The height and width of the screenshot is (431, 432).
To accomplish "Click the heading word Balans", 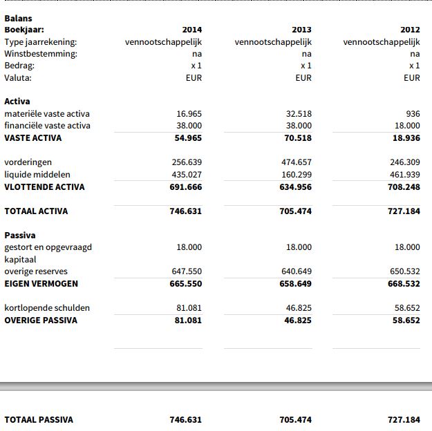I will click(x=18, y=19).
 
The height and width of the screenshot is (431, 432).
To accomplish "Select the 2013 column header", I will click(x=301, y=30).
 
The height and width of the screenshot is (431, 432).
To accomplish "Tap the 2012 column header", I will click(x=410, y=30).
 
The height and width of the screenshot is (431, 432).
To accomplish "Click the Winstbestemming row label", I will click(x=41, y=54).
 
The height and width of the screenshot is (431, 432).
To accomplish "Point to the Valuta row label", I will click(x=18, y=78).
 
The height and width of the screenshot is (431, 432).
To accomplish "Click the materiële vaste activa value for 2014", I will click(x=189, y=114).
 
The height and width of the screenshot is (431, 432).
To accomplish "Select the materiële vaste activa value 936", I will click(x=413, y=114).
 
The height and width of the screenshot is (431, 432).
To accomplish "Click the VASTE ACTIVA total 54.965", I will click(x=187, y=138).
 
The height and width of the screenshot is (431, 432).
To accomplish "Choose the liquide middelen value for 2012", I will click(x=404, y=175).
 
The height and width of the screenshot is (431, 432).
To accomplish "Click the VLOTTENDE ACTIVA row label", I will click(x=44, y=187).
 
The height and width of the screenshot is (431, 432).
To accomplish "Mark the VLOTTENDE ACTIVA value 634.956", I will click(x=295, y=187).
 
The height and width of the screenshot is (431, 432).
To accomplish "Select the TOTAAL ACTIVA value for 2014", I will click(x=185, y=211).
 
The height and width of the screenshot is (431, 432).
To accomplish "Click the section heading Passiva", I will click(x=20, y=236).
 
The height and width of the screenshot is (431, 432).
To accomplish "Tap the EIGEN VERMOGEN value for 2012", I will click(x=404, y=284).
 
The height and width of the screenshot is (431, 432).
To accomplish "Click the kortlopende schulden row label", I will click(x=47, y=308).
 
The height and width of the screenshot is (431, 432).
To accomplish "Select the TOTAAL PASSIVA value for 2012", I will click(x=404, y=420).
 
